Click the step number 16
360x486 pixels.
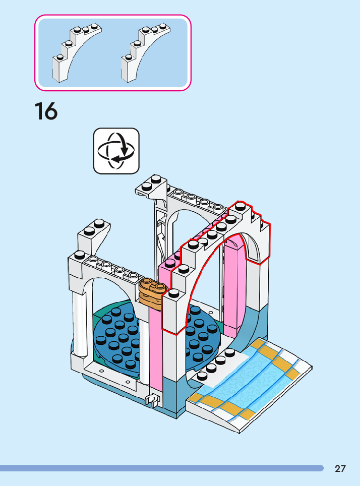(46, 111)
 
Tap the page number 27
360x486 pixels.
(340, 469)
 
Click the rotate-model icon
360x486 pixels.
(116, 151)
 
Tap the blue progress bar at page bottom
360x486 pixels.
(161, 468)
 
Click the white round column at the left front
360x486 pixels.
(80, 323)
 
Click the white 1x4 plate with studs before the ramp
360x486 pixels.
(217, 368)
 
